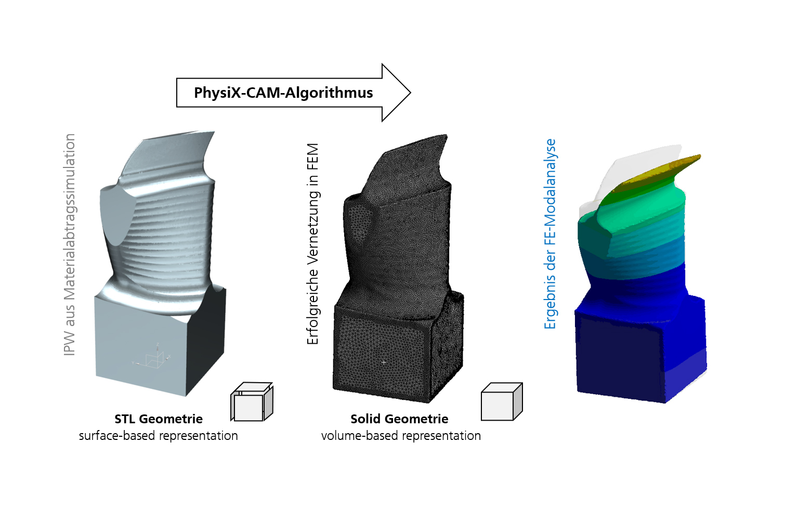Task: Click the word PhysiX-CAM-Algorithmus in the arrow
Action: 283,93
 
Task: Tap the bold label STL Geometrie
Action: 159,419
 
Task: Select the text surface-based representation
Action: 159,436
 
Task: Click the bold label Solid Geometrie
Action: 399,419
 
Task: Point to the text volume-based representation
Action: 401,436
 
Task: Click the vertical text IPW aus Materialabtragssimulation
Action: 70,244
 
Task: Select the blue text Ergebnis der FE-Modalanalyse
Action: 550,234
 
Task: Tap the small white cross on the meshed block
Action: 384,362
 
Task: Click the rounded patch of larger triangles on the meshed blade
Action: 360,224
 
